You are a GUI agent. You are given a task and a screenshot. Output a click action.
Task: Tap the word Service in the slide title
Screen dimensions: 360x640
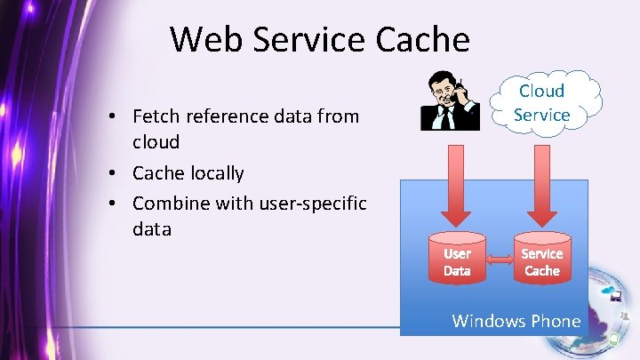[311, 39]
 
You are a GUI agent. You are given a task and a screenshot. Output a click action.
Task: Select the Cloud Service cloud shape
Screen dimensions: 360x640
[541, 103]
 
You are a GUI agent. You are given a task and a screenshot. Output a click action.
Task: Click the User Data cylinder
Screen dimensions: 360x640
[457, 258]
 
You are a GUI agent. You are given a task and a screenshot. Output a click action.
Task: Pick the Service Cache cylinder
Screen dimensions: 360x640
[541, 258]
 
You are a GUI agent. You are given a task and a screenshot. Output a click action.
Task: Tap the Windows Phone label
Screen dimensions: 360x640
[516, 321]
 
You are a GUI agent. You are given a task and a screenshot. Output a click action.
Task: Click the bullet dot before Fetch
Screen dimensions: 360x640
[114, 116]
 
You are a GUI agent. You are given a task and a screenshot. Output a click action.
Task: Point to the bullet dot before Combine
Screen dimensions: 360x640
[114, 204]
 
